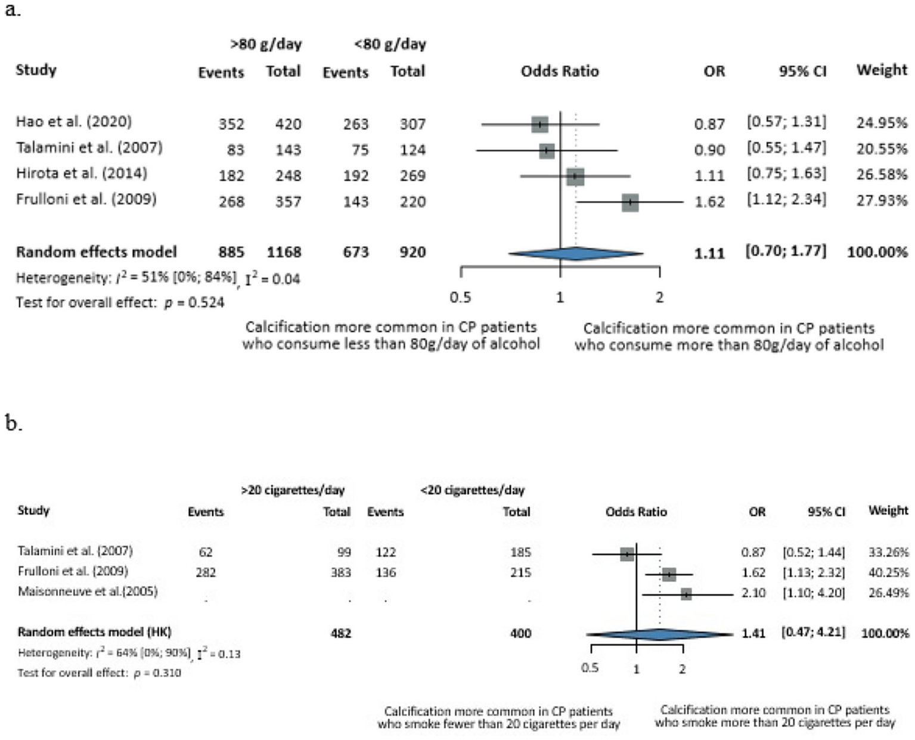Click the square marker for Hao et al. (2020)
[x=539, y=125]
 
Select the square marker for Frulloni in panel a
[x=630, y=202]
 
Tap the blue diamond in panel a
[x=576, y=253]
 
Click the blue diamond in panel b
[x=659, y=634]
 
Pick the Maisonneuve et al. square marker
[x=686, y=595]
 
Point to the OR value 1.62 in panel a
[x=709, y=202]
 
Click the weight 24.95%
[x=882, y=123]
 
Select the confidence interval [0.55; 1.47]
[x=786, y=148]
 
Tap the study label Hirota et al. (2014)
[x=82, y=174]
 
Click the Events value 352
[x=231, y=124]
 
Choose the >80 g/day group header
[x=266, y=44]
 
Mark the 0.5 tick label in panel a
[x=460, y=297]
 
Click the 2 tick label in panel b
[x=683, y=669]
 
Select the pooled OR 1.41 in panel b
[x=753, y=633]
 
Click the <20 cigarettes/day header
[x=472, y=490]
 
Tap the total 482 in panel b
[x=341, y=633]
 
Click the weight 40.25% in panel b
[x=888, y=572]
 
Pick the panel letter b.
[x=13, y=423]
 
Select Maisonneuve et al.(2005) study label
[x=88, y=592]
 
